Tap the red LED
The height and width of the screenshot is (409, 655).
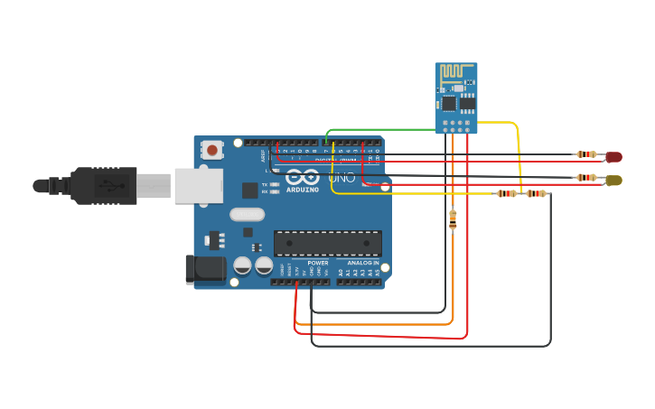[613, 156]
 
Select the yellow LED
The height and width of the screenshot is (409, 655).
[613, 180]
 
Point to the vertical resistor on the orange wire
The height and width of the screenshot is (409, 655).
[453, 218]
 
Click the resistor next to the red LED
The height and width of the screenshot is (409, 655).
[586, 154]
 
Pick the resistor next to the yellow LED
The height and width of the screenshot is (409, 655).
[586, 178]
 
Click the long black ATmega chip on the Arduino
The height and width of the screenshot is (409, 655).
[327, 243]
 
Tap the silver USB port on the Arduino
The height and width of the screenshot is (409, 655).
[198, 185]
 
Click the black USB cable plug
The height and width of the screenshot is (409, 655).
[104, 186]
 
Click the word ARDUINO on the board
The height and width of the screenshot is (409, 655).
[302, 190]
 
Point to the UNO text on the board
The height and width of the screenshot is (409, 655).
[342, 178]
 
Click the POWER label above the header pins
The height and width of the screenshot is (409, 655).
[317, 263]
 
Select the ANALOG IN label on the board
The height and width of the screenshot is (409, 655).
[364, 263]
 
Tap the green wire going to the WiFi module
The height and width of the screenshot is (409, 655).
[379, 129]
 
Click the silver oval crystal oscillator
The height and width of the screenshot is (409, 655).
[247, 214]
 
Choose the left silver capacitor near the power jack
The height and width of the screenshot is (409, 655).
[242, 265]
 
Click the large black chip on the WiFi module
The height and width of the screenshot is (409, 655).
[449, 104]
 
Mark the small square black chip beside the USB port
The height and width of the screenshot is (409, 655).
[250, 190]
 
